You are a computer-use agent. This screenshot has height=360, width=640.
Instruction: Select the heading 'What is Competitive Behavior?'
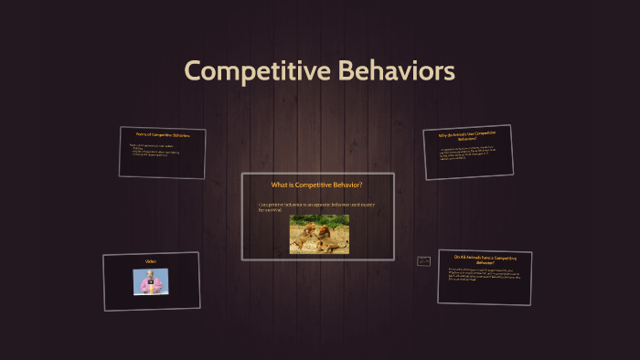pos(317,185)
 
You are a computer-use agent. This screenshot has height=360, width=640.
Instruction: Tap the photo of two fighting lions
pos(319,234)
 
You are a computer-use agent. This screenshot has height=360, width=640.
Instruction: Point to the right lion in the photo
pos(330,234)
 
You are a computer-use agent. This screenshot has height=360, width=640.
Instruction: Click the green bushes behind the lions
pos(319,220)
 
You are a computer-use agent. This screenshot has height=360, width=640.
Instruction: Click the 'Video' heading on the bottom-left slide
pos(151,261)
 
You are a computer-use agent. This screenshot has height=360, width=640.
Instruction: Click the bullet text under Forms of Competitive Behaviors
pos(160,150)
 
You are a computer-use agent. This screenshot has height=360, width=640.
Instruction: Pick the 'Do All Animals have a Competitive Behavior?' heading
pos(485,259)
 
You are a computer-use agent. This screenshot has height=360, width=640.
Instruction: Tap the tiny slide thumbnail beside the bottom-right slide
pos(423,261)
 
